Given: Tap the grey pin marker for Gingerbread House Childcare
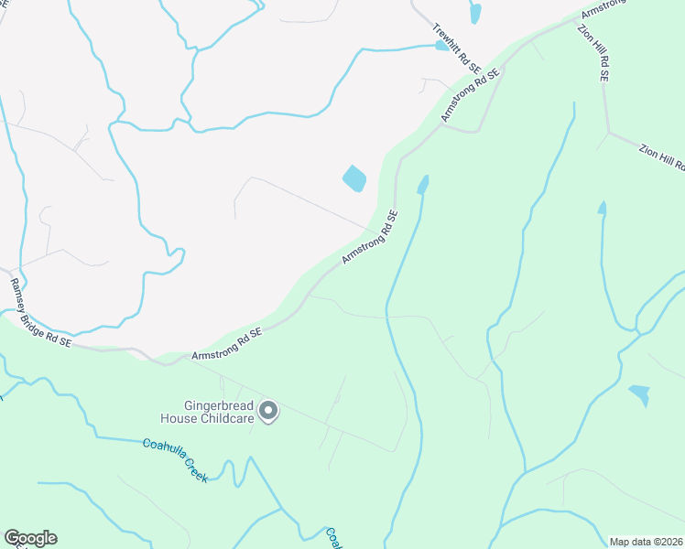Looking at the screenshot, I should (x=268, y=413).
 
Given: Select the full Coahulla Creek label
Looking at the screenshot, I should (x=175, y=459).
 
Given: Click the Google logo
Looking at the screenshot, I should (x=30, y=538).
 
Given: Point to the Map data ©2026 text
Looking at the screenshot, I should (x=647, y=541).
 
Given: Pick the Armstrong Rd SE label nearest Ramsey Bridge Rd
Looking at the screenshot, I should (x=226, y=344).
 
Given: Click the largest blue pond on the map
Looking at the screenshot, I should (x=354, y=178).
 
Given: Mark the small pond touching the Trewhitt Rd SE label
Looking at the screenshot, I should (x=443, y=45).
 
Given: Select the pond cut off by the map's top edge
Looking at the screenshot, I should (x=474, y=13).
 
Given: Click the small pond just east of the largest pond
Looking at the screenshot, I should (x=422, y=186).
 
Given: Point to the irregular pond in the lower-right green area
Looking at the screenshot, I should (x=640, y=394).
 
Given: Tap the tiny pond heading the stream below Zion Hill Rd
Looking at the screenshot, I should (x=602, y=209).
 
